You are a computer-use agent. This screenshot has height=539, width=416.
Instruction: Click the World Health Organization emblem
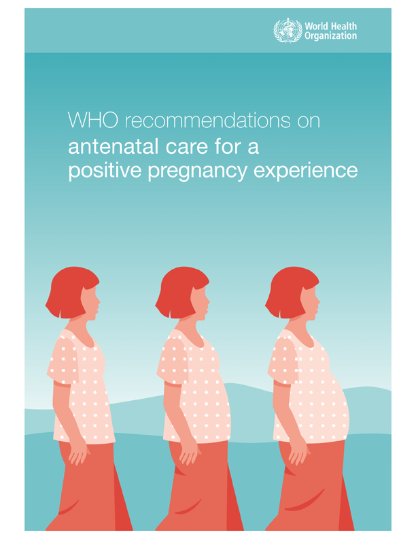(x=288, y=31)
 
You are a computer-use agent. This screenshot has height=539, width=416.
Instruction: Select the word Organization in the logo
(x=331, y=36)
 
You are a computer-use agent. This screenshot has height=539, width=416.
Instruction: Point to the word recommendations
(x=207, y=120)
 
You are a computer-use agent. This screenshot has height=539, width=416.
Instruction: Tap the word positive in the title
(x=105, y=171)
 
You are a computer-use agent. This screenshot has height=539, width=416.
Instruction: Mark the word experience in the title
(x=305, y=171)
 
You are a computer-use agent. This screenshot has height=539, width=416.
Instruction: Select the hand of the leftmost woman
(x=78, y=453)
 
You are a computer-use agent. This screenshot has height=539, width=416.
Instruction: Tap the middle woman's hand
(x=188, y=453)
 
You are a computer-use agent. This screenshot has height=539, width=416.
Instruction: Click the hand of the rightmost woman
(x=298, y=453)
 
